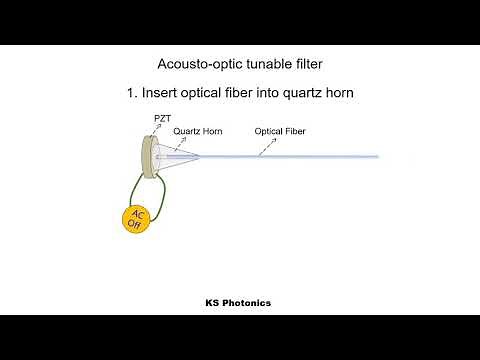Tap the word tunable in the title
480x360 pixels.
tap(265, 62)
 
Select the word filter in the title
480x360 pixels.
tap(306, 62)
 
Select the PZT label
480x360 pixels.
tap(163, 119)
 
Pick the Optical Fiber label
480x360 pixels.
tap(279, 131)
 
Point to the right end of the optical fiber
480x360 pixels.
tap(375, 157)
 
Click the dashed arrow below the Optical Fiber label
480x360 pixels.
tap(264, 146)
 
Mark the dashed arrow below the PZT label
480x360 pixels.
tap(158, 131)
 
